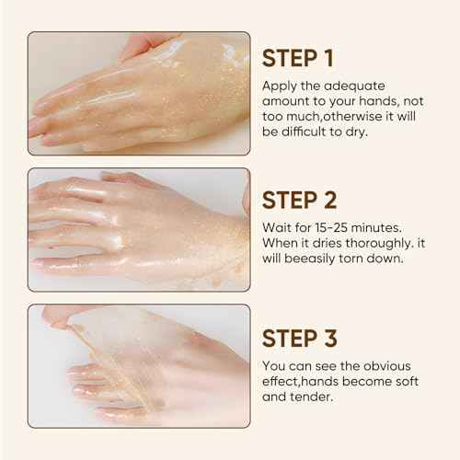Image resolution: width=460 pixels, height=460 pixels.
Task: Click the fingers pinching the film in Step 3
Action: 57,316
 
